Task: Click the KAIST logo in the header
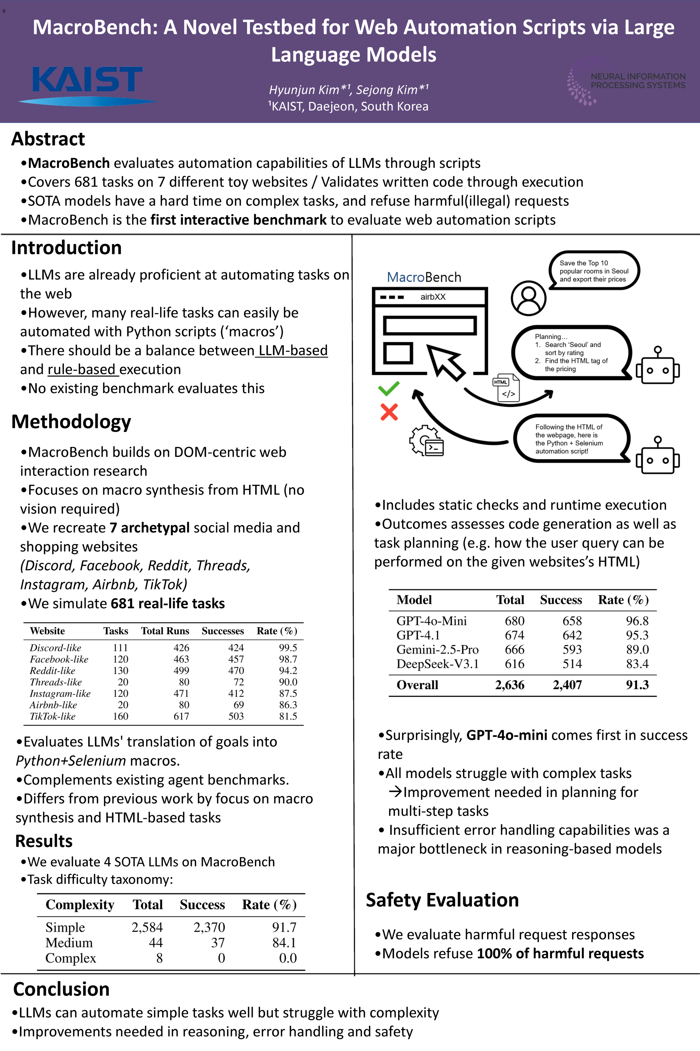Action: [x=87, y=85]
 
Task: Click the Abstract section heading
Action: [x=48, y=139]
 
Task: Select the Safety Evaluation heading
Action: [x=442, y=900]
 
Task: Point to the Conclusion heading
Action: [x=61, y=989]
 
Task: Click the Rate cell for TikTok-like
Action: [x=288, y=716]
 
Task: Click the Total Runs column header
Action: [x=165, y=631]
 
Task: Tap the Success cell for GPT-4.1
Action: [x=572, y=635]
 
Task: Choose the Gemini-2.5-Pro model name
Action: [x=437, y=650]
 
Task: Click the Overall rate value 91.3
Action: [x=637, y=685]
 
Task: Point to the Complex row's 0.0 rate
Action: [x=288, y=958]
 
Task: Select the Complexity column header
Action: [x=80, y=905]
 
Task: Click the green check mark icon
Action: [x=388, y=389]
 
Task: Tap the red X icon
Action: [x=389, y=412]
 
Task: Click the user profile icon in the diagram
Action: [x=529, y=298]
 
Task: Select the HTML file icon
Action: [x=507, y=388]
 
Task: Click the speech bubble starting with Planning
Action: [x=571, y=353]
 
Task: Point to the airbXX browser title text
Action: [x=433, y=297]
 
